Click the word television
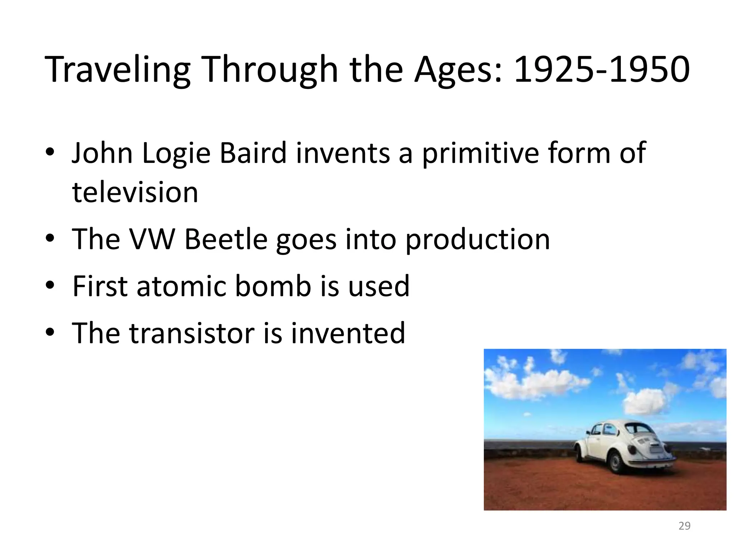click(x=135, y=192)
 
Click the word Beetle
click(x=226, y=239)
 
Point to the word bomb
click(x=273, y=286)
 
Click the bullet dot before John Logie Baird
click(x=50, y=153)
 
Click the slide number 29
click(x=684, y=526)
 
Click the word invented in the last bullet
click(x=347, y=333)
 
